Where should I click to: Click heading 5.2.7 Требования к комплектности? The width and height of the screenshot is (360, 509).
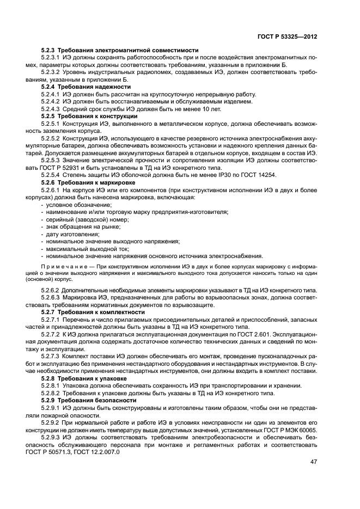(x=93, y=313)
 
